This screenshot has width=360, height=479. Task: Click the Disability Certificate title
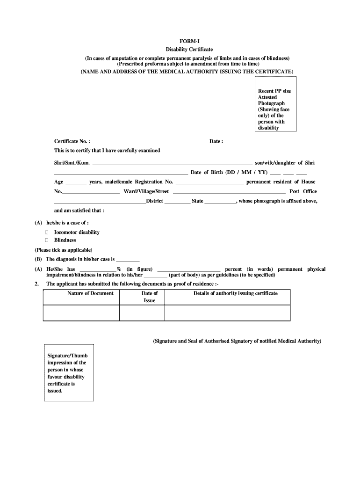pos(189,49)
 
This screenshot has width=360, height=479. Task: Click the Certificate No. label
pos(72,141)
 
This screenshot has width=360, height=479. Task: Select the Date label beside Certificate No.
pos(216,141)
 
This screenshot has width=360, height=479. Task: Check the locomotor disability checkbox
pos(47,232)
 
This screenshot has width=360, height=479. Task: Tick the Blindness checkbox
pos(47,240)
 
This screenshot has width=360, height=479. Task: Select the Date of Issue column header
pos(150,297)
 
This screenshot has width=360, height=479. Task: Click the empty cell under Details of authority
pos(227,312)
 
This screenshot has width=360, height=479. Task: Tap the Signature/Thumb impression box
pos(68,373)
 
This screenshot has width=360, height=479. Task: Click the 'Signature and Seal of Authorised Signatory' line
pos(237,341)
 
